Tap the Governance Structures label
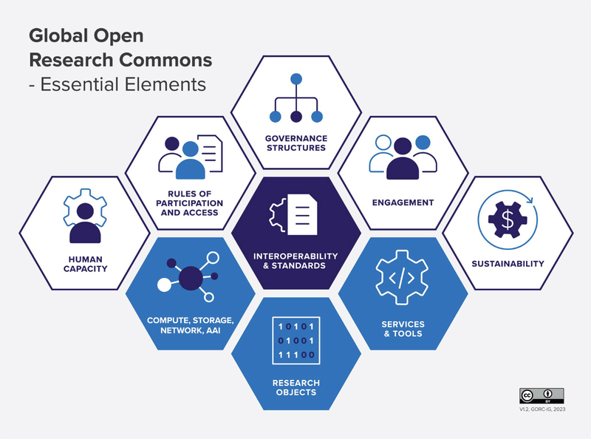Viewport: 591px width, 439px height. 295,143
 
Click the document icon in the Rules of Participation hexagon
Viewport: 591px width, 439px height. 210,153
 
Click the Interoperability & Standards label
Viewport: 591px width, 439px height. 295,260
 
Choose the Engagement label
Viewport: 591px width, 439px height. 403,203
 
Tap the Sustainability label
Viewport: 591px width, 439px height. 508,263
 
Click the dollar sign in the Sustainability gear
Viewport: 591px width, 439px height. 507,218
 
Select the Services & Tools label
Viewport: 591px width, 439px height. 402,328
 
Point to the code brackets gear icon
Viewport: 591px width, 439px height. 402,279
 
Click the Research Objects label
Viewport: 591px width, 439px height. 295,387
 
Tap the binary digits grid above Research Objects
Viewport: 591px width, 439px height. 295,341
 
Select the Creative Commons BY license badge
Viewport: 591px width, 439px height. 542,395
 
